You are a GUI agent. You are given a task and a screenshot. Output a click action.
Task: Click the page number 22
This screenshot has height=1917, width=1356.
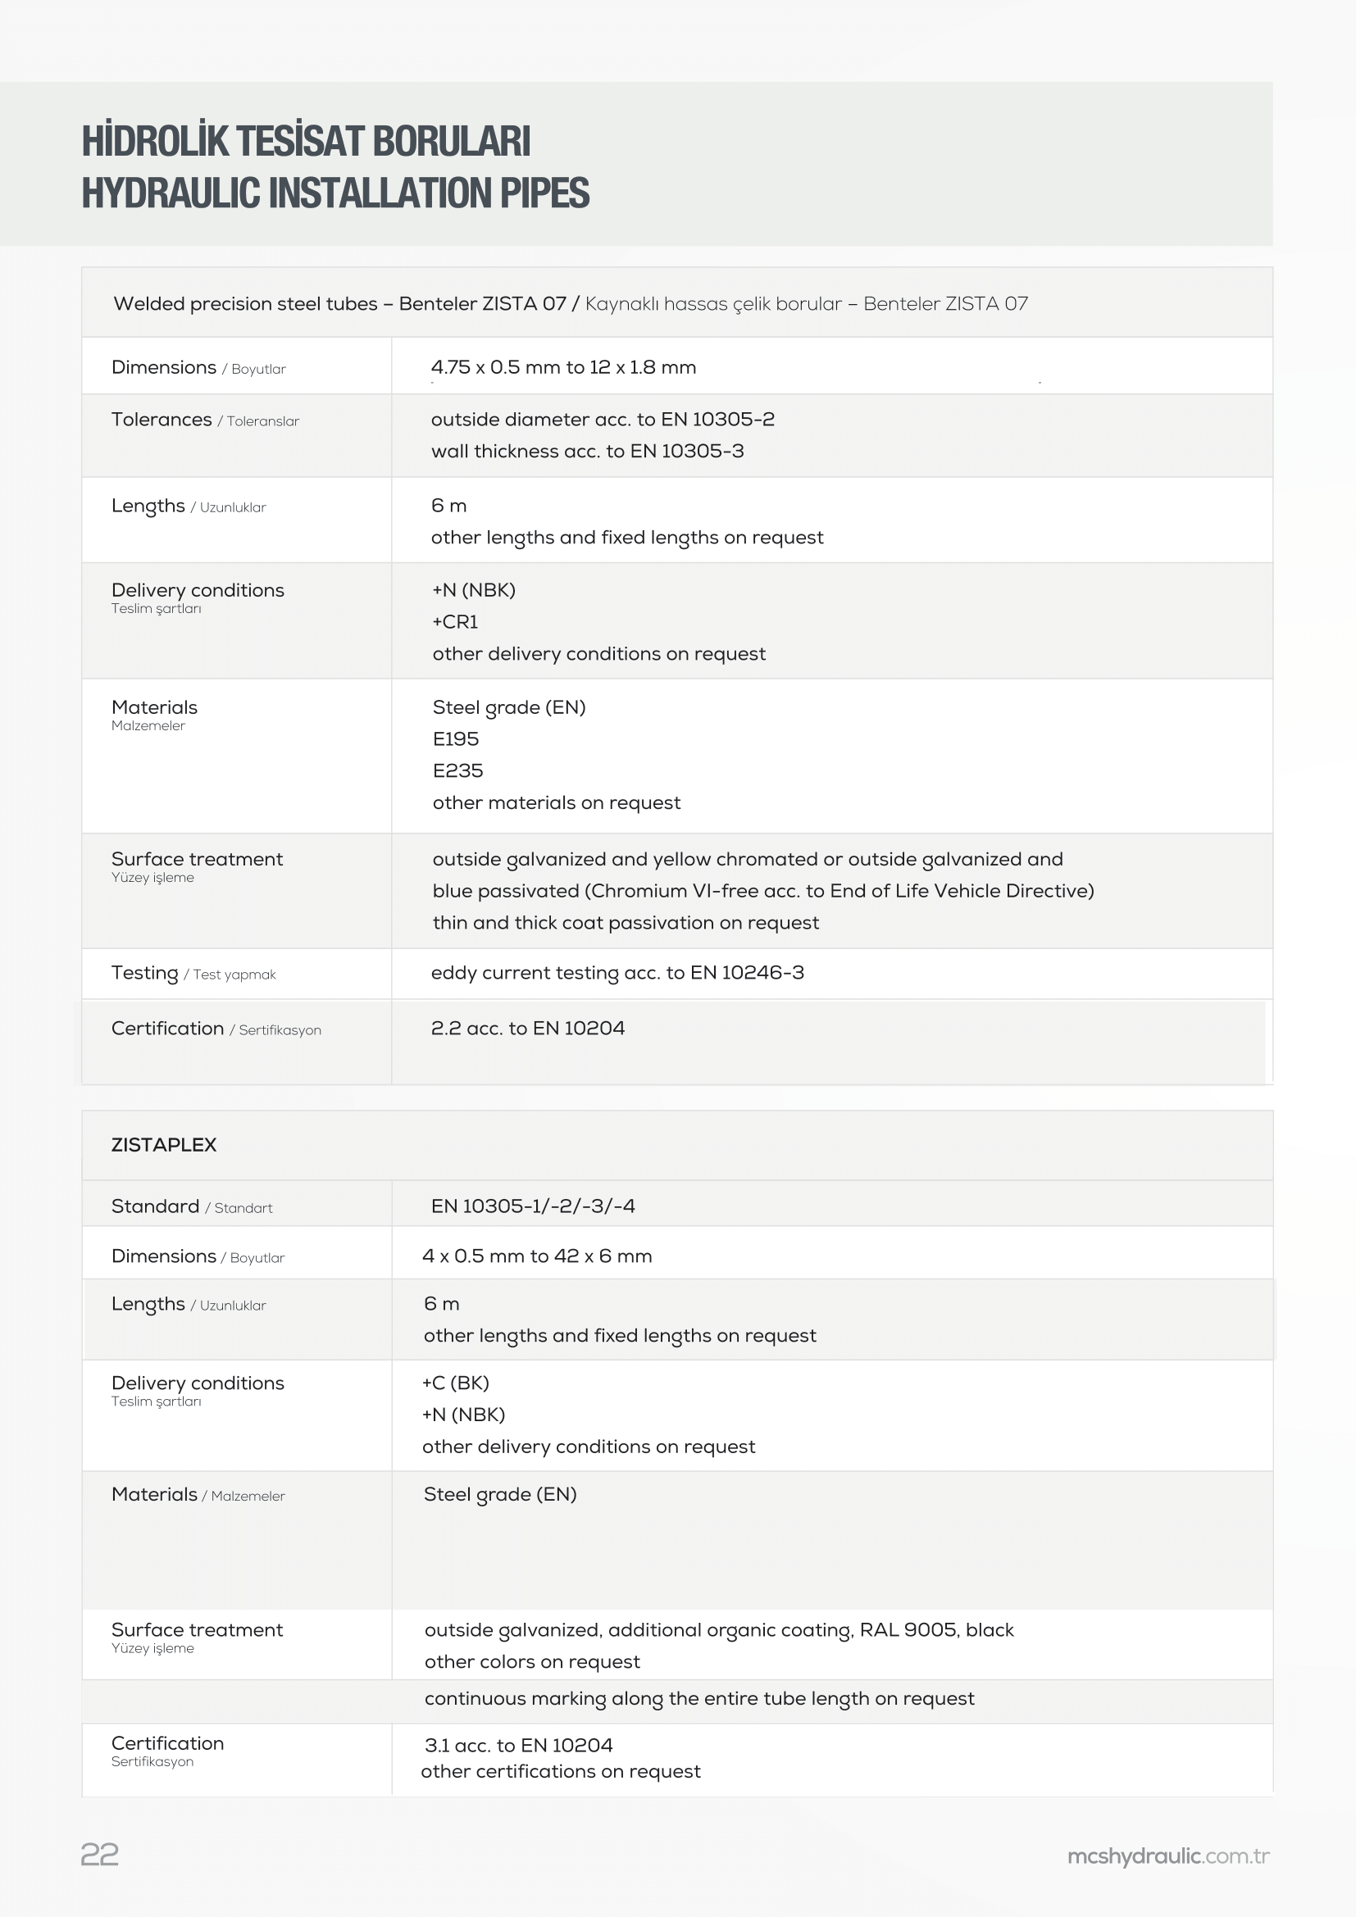point(99,1855)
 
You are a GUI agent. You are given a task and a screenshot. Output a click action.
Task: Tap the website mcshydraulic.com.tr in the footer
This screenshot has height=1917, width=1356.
point(1168,1856)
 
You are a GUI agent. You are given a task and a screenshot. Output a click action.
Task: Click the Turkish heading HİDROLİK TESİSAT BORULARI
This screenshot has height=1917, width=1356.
point(306,141)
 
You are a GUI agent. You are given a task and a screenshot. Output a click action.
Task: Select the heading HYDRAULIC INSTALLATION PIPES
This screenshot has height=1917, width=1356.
point(334,193)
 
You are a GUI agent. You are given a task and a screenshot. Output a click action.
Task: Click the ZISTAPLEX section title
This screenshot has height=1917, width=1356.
point(164,1145)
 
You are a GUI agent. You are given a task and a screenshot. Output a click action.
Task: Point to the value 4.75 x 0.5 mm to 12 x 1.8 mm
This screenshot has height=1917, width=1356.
point(562,367)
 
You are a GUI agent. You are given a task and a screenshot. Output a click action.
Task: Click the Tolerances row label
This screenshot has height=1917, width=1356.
point(162,419)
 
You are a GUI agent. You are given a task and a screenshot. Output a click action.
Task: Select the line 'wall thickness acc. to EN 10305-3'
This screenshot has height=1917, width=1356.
point(587,451)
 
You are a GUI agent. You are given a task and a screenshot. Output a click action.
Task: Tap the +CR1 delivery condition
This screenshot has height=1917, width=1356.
point(455,622)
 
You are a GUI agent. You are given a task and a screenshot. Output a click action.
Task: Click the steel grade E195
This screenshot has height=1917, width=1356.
point(455,739)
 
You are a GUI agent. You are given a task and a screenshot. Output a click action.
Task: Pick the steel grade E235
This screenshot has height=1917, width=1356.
point(457,770)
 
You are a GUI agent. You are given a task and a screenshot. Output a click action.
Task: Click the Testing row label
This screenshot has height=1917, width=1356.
point(145,973)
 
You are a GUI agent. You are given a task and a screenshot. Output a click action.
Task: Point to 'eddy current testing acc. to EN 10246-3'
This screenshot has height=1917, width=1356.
point(617,973)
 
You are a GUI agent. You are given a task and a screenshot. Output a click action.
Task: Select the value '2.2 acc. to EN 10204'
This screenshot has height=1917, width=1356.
point(528,1028)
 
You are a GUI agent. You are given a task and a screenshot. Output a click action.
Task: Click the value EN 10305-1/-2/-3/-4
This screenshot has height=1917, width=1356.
point(533,1206)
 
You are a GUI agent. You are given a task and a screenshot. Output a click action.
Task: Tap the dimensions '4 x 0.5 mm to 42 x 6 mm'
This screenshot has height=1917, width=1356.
point(537,1256)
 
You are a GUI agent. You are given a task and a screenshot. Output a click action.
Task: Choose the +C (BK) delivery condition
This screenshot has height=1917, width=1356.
point(455,1383)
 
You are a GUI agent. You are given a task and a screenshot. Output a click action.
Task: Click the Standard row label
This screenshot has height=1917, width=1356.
point(155,1206)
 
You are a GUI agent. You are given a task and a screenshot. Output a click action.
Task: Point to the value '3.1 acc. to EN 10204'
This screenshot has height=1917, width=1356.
point(518,1745)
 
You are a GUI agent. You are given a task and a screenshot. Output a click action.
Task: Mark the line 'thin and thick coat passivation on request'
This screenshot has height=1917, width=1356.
point(626,923)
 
